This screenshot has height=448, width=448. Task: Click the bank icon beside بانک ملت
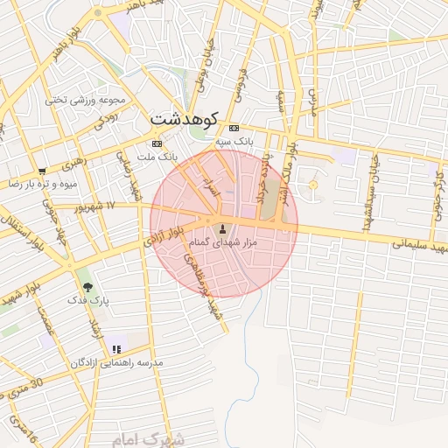(157, 143)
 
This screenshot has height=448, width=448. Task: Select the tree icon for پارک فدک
(87, 286)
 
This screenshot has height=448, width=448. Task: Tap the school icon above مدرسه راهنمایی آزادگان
(115, 349)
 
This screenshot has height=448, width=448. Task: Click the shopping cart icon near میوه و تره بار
(42, 171)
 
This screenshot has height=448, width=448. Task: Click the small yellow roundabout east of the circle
(313, 185)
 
